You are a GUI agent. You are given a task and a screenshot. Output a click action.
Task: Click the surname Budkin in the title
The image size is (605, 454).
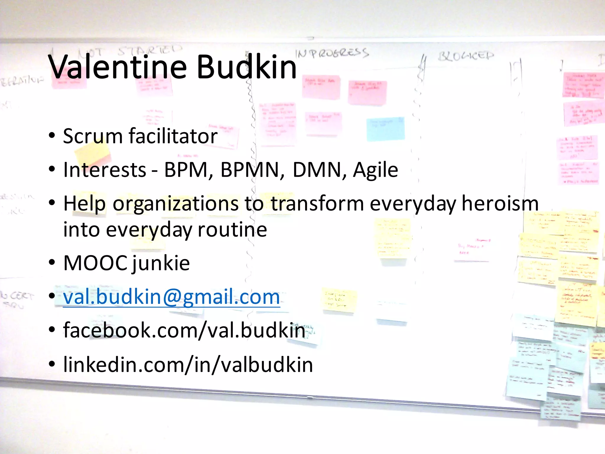[x=246, y=67]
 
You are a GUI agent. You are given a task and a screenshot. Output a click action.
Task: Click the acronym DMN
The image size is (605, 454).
[x=317, y=170]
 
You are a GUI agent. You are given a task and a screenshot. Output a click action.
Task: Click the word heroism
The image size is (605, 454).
[x=500, y=204]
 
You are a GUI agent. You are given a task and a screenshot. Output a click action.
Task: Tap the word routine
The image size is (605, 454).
[x=232, y=230]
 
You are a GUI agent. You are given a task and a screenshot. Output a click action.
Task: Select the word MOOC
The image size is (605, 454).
[x=95, y=263]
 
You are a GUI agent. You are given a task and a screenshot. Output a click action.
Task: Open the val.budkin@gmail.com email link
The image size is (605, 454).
[x=171, y=297]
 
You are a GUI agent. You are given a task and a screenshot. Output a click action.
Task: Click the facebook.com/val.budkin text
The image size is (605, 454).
[x=184, y=330]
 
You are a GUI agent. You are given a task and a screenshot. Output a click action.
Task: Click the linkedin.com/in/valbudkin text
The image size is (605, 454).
[x=188, y=365]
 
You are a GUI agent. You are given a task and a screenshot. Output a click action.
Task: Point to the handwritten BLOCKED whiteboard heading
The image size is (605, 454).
[x=466, y=55]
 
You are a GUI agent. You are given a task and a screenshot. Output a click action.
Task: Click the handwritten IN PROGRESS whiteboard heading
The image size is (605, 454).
[x=332, y=53]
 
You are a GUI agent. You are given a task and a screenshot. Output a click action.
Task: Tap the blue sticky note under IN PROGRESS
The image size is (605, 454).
[x=385, y=129]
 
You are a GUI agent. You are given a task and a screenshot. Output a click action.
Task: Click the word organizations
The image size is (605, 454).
[x=175, y=204]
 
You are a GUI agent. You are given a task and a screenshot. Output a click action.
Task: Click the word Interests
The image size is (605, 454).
[x=105, y=170]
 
